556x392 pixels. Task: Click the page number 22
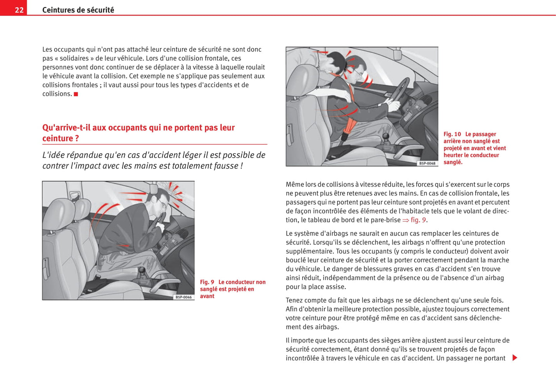(x=19, y=10)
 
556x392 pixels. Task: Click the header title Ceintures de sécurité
(x=78, y=10)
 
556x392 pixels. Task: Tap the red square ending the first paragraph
(x=76, y=94)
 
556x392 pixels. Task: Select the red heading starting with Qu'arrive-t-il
(x=138, y=133)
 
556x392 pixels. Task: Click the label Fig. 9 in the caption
(x=207, y=282)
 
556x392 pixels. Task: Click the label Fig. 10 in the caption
(x=452, y=134)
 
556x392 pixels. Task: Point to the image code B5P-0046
(x=184, y=297)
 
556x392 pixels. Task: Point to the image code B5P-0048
(x=427, y=163)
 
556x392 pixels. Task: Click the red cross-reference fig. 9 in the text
(x=418, y=220)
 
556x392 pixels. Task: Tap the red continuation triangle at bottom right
(x=515, y=358)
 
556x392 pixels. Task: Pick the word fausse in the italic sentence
(x=227, y=166)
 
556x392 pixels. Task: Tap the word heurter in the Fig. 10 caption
(x=453, y=155)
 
